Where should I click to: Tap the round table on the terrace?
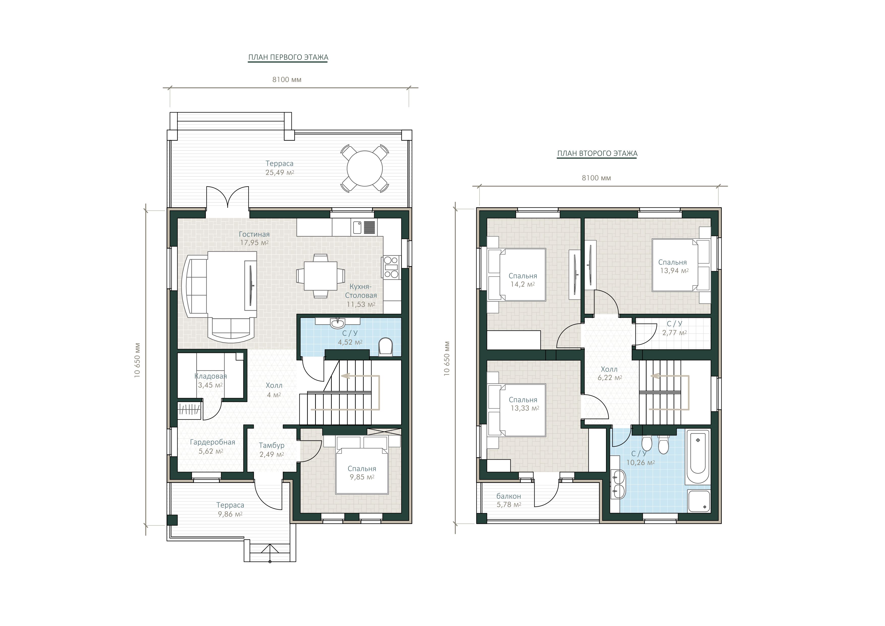(365, 168)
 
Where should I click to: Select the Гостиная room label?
(254, 234)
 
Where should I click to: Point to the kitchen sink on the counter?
(357, 227)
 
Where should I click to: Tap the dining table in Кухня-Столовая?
(321, 276)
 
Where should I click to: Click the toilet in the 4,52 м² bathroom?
(385, 346)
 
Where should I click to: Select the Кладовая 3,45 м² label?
(210, 380)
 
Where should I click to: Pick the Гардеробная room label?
(212, 442)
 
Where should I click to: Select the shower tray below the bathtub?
(699, 501)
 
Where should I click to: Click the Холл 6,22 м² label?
(610, 374)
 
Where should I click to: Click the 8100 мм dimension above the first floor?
(287, 80)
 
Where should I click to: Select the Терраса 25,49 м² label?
(280, 168)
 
